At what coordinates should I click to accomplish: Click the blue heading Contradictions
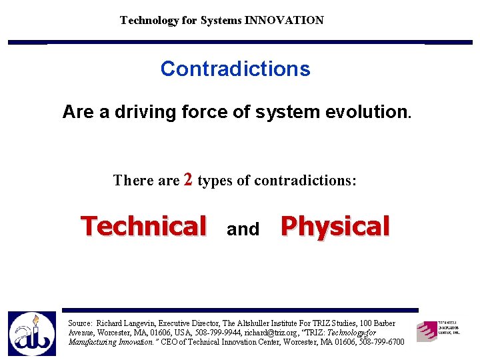pyautogui.click(x=235, y=69)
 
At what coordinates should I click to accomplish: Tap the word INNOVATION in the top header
pyautogui.click(x=284, y=20)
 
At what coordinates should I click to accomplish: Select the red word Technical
pyautogui.click(x=143, y=226)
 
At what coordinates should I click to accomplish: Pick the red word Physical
pyautogui.click(x=335, y=226)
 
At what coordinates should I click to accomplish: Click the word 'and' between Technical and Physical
pyautogui.click(x=243, y=229)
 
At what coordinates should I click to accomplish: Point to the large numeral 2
pyautogui.click(x=188, y=179)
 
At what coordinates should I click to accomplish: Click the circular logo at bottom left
pyautogui.click(x=31, y=333)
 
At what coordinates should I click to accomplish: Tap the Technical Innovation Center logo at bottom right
pyautogui.click(x=438, y=331)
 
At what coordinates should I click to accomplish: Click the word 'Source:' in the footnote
pyautogui.click(x=81, y=323)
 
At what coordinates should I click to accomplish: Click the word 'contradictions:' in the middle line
pyautogui.click(x=305, y=181)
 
